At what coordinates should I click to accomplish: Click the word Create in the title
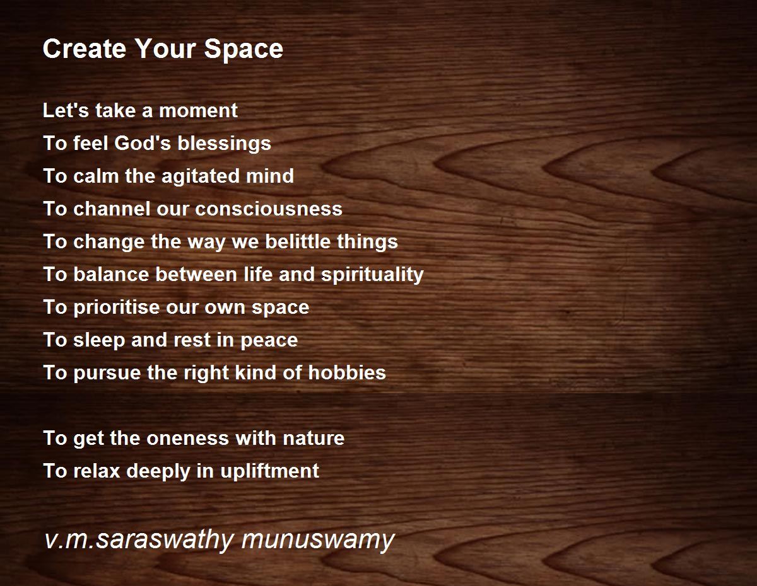click(84, 49)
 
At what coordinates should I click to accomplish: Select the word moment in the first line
click(198, 111)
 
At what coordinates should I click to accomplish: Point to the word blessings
click(224, 144)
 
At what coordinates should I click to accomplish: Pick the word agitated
click(201, 176)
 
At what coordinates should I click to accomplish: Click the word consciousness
click(269, 209)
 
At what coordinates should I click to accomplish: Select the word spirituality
click(372, 275)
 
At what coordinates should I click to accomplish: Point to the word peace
click(269, 341)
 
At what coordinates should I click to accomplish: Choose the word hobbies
click(347, 372)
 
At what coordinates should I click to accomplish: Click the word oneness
click(187, 439)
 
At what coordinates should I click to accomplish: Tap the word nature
click(314, 439)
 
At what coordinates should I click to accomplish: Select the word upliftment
click(269, 472)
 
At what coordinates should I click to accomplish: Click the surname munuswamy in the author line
click(318, 541)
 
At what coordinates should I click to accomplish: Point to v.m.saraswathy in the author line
click(139, 541)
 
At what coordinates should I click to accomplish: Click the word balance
click(111, 275)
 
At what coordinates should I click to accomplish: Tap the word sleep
click(99, 341)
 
